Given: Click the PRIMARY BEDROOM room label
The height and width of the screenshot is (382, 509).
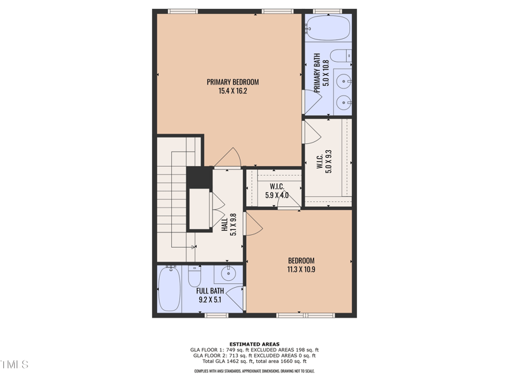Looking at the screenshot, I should (232, 81).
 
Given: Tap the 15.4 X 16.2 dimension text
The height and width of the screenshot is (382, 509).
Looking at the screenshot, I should (232, 91).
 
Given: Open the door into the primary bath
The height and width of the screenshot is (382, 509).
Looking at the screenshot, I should (311, 101).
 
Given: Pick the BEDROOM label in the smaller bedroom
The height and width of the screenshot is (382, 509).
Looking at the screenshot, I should (301, 260).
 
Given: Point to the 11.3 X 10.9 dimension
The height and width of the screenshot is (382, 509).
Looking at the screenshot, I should (301, 269).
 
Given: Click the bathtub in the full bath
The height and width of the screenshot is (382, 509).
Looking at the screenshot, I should (169, 289).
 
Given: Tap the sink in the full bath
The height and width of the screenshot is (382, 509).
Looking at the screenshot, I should (228, 274).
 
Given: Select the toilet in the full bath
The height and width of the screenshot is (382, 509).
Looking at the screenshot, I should (195, 276).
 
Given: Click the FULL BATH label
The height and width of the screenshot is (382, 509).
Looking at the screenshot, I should (209, 291).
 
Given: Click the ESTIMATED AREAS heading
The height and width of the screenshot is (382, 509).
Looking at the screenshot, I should (254, 344).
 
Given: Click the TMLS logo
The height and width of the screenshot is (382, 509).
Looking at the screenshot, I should (14, 365).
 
